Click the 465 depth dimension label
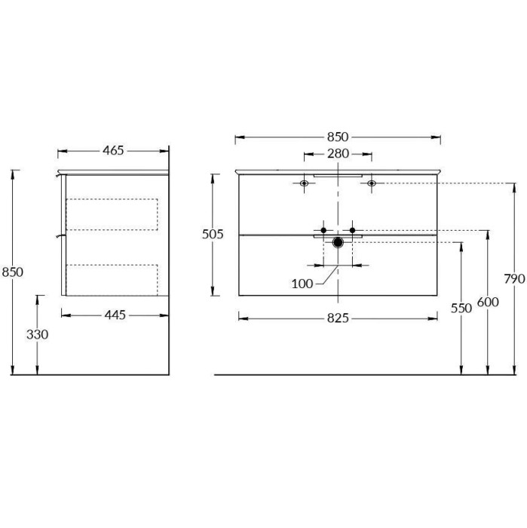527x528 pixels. pyautogui.click(x=112, y=150)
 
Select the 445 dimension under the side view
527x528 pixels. pyautogui.click(x=114, y=315)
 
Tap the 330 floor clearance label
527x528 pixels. pyautogui.click(x=36, y=334)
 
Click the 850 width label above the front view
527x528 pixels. pyautogui.click(x=338, y=137)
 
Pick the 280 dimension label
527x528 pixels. pyautogui.click(x=338, y=155)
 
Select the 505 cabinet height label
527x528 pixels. pyautogui.click(x=213, y=235)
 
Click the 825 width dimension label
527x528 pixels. pyautogui.click(x=337, y=318)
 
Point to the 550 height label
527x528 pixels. pyautogui.click(x=461, y=308)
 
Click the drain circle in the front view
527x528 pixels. pyautogui.click(x=338, y=242)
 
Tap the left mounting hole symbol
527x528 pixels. pyautogui.click(x=305, y=183)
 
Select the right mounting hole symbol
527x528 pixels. pyautogui.click(x=371, y=183)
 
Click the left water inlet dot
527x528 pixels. pyautogui.click(x=323, y=229)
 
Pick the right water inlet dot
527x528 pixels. pyautogui.click(x=352, y=229)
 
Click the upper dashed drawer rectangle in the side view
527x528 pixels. pyautogui.click(x=112, y=213)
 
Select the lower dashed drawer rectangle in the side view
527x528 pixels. pyautogui.click(x=112, y=278)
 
